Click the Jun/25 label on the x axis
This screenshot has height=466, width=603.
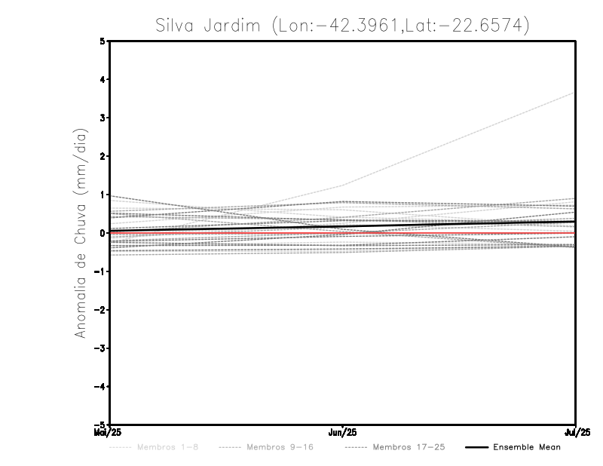tap(343, 433)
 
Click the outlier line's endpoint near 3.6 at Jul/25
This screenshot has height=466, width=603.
tap(575, 93)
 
